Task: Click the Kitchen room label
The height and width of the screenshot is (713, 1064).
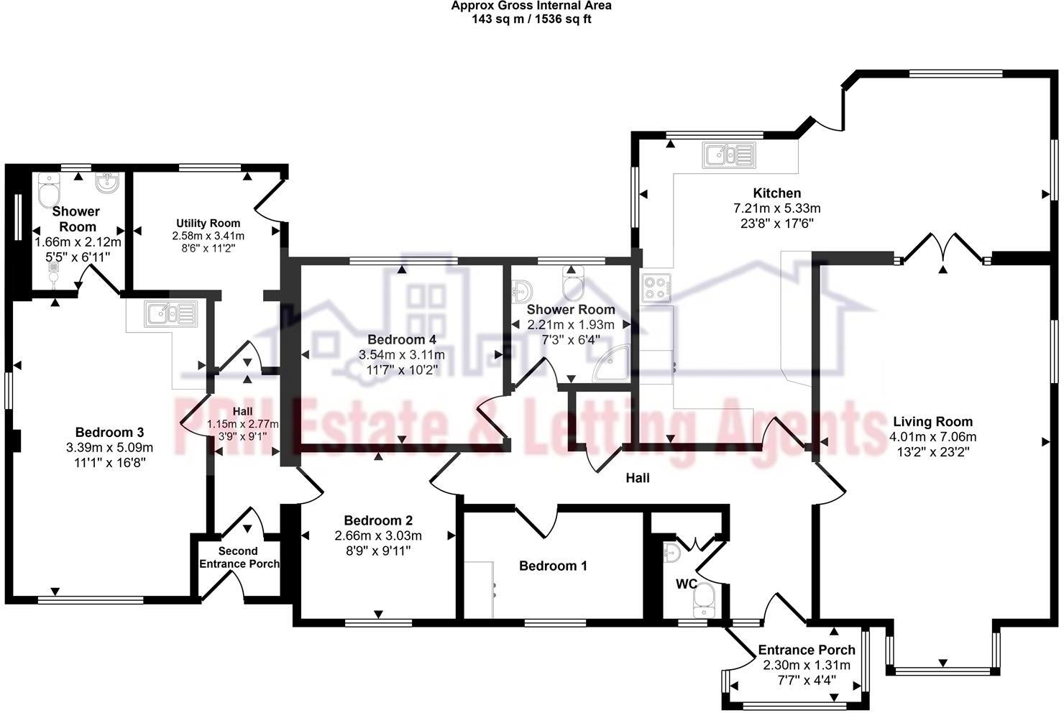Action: tap(776, 193)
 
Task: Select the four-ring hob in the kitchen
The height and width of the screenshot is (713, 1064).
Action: tap(657, 287)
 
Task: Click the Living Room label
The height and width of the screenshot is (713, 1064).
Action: tap(932, 422)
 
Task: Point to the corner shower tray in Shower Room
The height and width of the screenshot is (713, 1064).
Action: tap(611, 365)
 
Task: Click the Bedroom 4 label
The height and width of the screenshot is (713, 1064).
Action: tap(401, 339)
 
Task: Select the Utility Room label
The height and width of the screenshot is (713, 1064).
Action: tap(208, 223)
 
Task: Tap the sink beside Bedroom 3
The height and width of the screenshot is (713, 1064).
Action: tap(170, 314)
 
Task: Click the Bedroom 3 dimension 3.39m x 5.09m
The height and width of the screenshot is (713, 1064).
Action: tap(109, 448)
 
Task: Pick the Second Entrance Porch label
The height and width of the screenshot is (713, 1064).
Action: tap(239, 557)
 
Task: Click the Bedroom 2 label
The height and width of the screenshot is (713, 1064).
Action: tap(378, 520)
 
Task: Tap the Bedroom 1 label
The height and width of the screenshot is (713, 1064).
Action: tap(553, 566)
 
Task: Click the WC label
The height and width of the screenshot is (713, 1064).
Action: tap(686, 584)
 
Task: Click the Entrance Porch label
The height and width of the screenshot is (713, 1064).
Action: tap(807, 650)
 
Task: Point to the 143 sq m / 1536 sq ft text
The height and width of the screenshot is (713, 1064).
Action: tap(531, 19)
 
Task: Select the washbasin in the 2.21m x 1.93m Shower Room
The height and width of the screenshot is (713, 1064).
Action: tap(522, 290)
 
